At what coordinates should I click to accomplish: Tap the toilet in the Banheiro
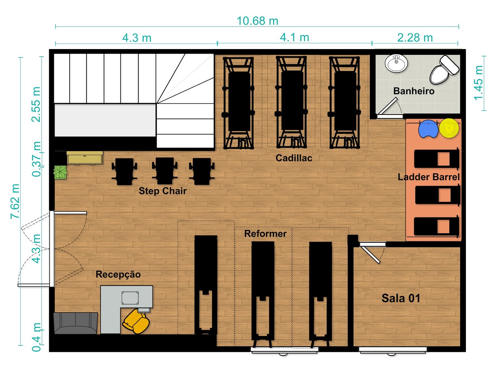[444, 70]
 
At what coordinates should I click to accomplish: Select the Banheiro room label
[414, 91]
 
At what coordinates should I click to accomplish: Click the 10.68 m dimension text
[257, 21]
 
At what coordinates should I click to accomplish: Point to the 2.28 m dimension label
[415, 38]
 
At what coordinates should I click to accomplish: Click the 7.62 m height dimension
[15, 201]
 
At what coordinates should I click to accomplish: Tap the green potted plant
[60, 172]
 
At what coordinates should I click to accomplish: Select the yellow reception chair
[136, 321]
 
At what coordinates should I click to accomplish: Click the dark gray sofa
[76, 323]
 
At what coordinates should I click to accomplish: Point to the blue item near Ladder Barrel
[428, 129]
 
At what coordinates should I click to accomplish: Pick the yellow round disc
[449, 128]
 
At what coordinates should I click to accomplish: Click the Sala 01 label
[401, 298]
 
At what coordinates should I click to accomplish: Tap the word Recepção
[118, 275]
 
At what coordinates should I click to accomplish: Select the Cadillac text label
[294, 158]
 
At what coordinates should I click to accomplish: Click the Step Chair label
[163, 191]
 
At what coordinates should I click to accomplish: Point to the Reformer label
[265, 234]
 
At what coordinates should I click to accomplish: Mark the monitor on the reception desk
[130, 298]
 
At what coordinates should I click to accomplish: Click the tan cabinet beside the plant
[85, 158]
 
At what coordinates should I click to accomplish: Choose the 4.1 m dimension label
[294, 38]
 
